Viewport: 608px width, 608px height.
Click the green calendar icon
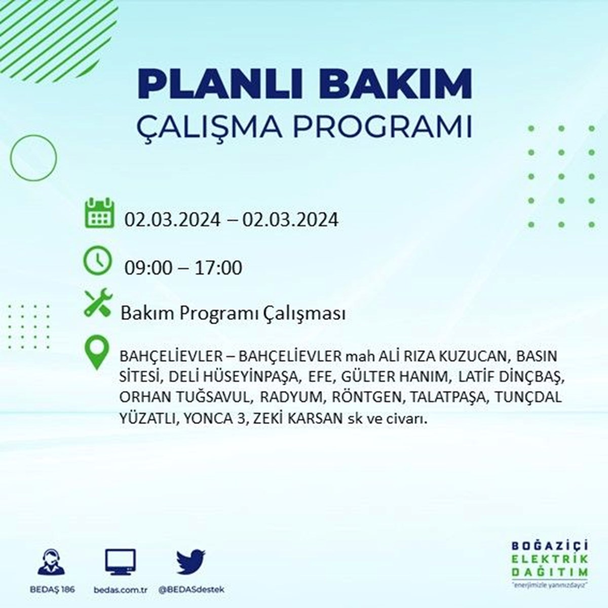pyautogui.click(x=99, y=213)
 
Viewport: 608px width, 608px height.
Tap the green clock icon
pyautogui.click(x=97, y=260)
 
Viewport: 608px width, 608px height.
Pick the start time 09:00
pyautogui.click(x=148, y=268)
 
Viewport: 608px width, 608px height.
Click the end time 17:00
pyautogui.click(x=218, y=268)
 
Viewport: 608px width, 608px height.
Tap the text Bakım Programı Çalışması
pyautogui.click(x=233, y=314)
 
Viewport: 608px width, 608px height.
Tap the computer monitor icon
pyautogui.click(x=121, y=561)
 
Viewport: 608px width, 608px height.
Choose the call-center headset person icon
pyautogui.click(x=51, y=561)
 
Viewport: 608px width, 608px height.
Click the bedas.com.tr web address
pyautogui.click(x=121, y=590)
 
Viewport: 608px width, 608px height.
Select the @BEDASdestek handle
pyautogui.click(x=191, y=589)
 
